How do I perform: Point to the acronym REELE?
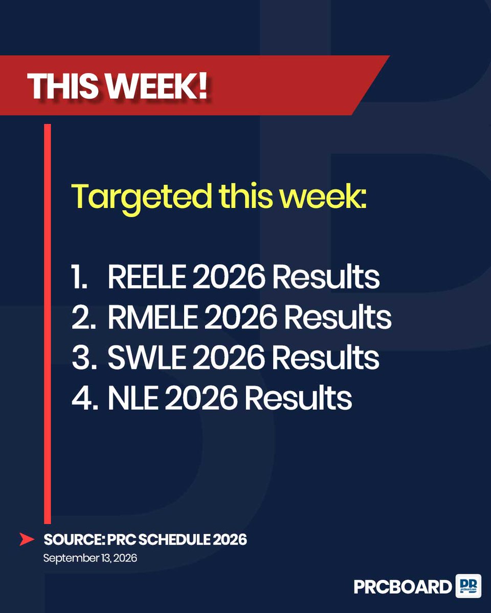coord(146,276)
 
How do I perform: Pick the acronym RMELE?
coord(152,317)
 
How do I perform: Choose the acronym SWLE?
coord(146,357)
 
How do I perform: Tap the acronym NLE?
coord(132,397)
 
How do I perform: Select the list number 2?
coord(83,317)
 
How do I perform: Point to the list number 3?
coord(83,357)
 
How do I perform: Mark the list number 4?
coord(84,397)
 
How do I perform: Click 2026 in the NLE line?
coord(201,397)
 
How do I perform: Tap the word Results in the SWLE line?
coord(326,357)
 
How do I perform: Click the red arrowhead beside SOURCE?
coord(27,539)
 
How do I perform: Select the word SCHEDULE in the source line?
coord(174,539)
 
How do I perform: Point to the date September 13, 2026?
coord(90,558)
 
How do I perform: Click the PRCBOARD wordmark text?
coord(403,587)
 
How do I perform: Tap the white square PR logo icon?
coord(468,586)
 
